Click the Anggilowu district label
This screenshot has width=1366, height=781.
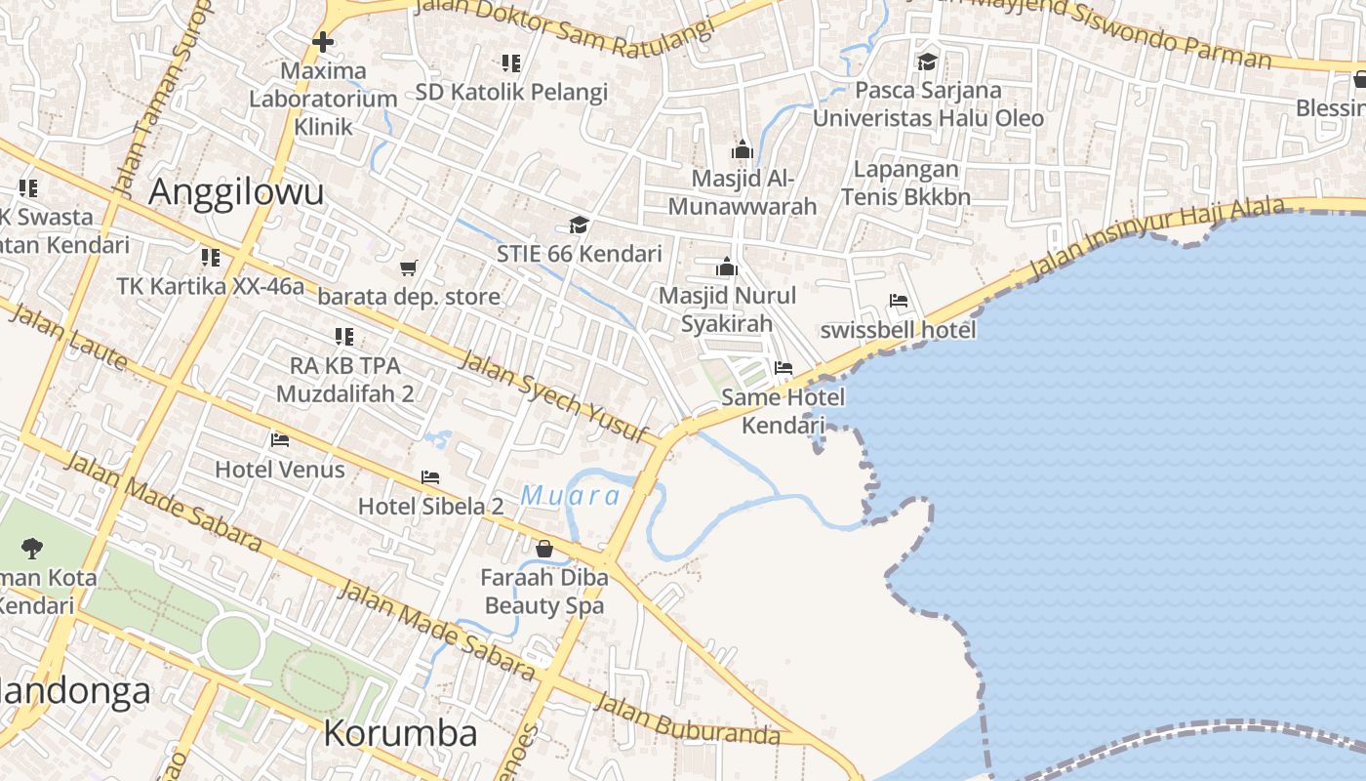tap(236, 192)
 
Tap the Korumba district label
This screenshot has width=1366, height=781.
tap(400, 733)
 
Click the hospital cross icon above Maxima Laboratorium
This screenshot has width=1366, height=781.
tap(323, 42)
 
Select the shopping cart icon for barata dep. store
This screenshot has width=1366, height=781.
tap(409, 267)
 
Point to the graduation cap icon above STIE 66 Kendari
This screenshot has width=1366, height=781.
tap(579, 226)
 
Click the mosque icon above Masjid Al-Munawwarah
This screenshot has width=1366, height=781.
tap(742, 149)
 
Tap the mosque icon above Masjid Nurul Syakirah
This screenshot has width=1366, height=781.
tap(727, 267)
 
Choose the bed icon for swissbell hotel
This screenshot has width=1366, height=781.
tap(899, 301)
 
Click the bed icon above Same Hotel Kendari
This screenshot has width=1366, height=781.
tap(783, 368)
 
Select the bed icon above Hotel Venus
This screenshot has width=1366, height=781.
tap(280, 439)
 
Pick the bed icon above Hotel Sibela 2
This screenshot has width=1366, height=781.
tap(430, 476)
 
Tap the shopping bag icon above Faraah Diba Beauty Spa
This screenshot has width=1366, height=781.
tap(544, 549)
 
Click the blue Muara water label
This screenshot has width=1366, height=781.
tap(571, 496)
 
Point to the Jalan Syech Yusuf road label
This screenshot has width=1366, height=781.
tap(553, 397)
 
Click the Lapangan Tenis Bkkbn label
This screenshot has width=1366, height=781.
tap(905, 183)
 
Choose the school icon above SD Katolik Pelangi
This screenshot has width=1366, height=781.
tap(511, 63)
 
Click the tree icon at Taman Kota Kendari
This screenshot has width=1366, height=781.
tap(32, 548)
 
